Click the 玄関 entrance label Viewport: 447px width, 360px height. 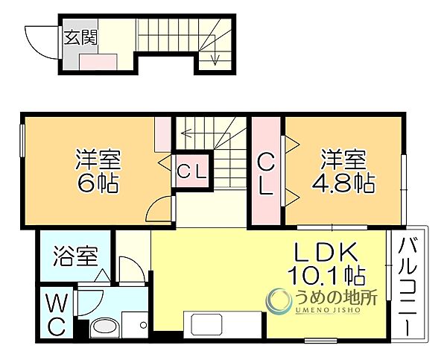(x=77, y=38)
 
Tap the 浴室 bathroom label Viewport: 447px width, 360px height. (x=75, y=257)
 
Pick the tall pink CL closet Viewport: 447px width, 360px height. (x=265, y=173)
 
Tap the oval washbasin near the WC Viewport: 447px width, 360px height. (x=101, y=329)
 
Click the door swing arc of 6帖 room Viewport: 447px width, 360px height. (x=159, y=209)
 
